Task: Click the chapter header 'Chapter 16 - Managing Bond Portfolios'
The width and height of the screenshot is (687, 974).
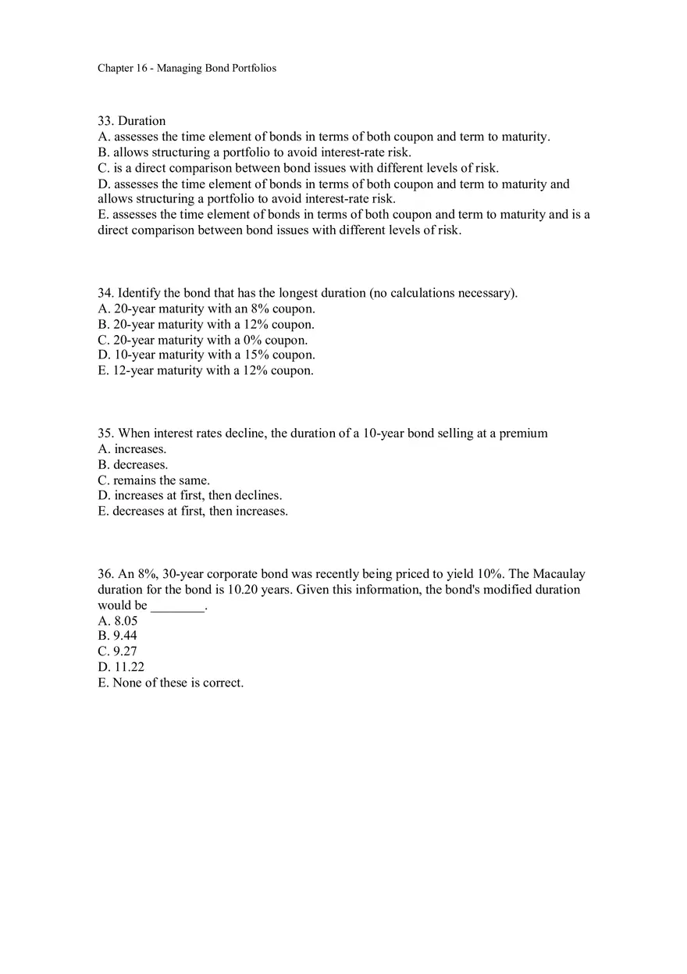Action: click(187, 68)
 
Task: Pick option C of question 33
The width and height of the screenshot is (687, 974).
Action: click(297, 168)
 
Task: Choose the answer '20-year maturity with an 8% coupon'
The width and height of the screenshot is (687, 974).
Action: click(206, 309)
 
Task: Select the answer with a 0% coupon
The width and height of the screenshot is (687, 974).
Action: click(202, 340)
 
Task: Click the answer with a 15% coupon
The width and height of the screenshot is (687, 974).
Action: click(206, 355)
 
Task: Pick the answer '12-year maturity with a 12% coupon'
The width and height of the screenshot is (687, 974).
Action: click(205, 370)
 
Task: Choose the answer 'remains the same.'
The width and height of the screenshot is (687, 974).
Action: click(154, 480)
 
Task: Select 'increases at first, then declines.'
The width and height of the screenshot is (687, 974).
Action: click(190, 495)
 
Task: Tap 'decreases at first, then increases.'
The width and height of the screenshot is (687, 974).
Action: click(193, 511)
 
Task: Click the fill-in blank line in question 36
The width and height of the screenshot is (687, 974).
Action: click(177, 606)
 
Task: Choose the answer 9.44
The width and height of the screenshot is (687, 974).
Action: click(117, 636)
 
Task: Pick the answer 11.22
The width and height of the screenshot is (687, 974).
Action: click(121, 667)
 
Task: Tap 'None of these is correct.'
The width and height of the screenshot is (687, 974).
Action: click(170, 683)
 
